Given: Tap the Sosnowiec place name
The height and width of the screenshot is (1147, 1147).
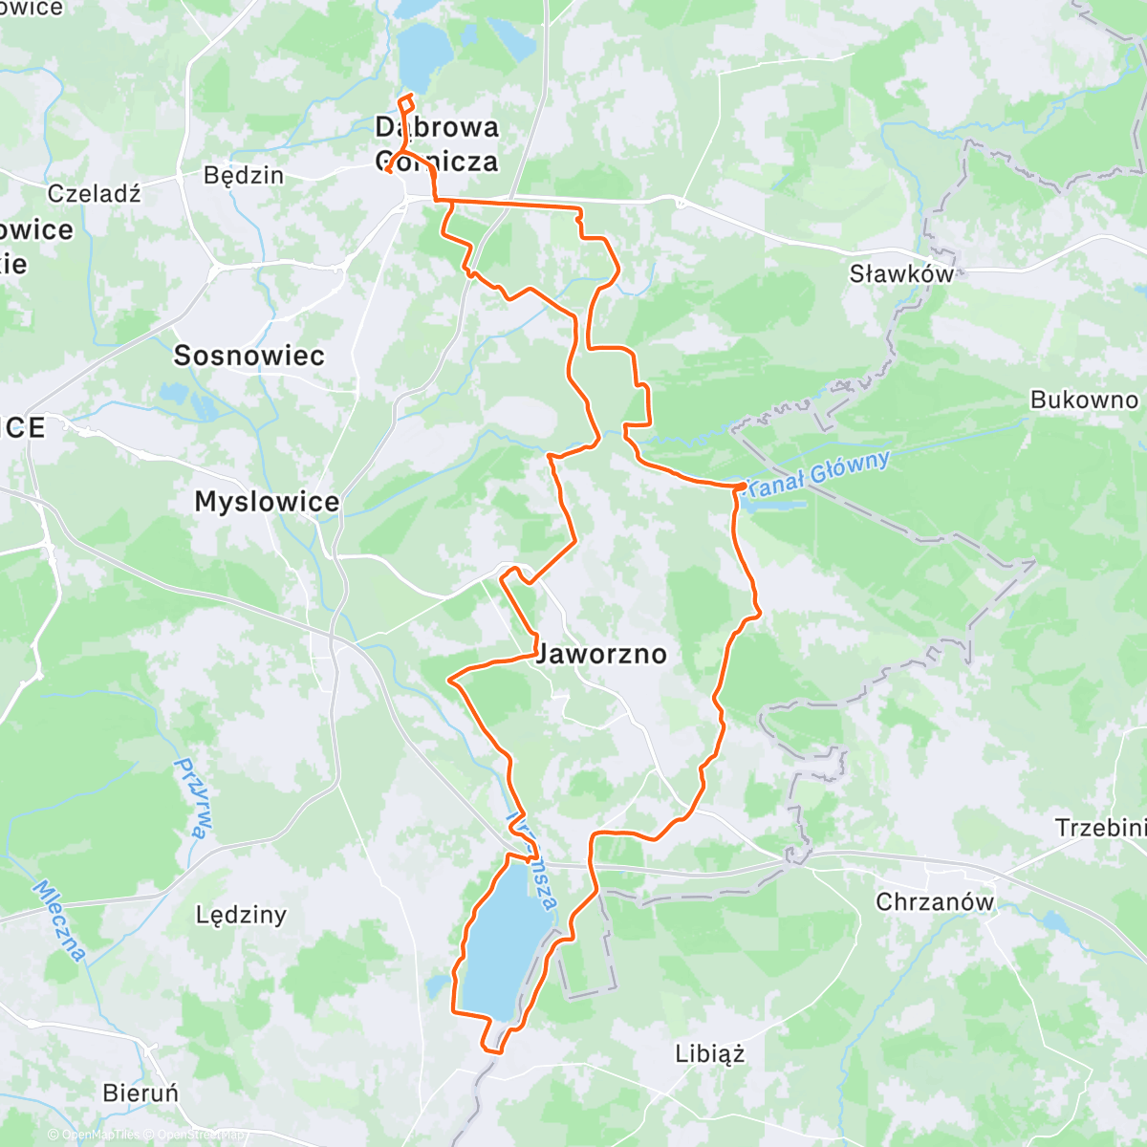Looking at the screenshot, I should point(249,356).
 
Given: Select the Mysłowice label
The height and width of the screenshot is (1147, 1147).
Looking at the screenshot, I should point(267,502).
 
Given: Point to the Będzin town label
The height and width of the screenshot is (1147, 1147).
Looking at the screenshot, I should point(244,175).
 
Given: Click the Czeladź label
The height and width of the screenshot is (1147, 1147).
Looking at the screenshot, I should point(95,193).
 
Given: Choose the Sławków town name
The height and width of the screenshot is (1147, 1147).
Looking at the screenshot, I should point(901,274).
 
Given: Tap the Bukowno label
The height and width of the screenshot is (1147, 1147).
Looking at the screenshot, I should point(1084,400).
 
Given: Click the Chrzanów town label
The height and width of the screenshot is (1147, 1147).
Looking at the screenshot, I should point(935,901).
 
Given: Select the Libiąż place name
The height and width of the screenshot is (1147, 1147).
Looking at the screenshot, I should point(709,1054).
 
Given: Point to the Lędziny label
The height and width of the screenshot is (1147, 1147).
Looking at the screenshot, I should point(241,915).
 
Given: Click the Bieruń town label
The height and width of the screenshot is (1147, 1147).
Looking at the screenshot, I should point(141,1093).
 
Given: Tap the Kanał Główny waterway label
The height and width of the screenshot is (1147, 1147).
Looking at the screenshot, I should point(818,473).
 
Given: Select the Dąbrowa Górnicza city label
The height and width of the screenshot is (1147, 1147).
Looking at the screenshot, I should point(437,144).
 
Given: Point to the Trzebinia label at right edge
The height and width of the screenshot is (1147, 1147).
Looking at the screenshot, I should point(1099,828).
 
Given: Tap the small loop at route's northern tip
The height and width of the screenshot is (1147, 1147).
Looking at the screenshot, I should point(406,103).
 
